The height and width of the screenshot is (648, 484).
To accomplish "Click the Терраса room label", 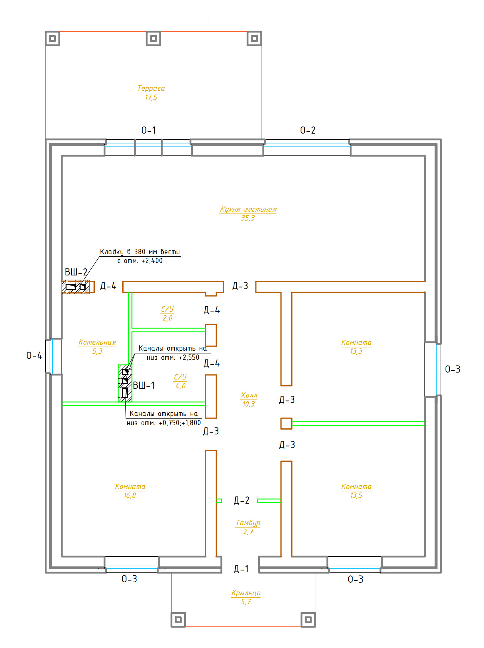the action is [x=151, y=89].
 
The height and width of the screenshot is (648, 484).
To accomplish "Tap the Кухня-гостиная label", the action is [x=248, y=209].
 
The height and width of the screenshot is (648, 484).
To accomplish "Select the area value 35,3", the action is [x=248, y=218].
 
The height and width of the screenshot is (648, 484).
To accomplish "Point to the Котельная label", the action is [x=97, y=342].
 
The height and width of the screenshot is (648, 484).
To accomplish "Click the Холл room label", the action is [x=249, y=395].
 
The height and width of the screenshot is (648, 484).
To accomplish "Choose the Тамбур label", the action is [x=248, y=523].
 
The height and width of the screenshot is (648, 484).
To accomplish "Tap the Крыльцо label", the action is [x=246, y=593].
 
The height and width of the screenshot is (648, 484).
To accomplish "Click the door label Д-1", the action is [x=241, y=569].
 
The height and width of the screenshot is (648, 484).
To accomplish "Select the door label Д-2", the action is [x=242, y=500].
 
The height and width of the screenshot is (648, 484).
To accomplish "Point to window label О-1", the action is [x=149, y=130].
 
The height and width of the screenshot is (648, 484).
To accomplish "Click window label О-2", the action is [x=308, y=130].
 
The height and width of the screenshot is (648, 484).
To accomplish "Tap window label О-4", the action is [x=34, y=355].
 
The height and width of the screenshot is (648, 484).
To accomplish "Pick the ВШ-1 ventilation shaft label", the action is [x=144, y=385].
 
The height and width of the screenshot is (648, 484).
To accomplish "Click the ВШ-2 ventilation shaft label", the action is [x=76, y=272].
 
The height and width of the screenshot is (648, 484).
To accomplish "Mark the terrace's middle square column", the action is [x=153, y=38].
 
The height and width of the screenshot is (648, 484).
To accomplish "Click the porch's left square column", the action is [x=178, y=620].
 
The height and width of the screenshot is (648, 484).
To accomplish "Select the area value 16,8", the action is [x=130, y=495].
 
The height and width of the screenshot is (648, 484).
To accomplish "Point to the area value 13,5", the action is [x=356, y=495].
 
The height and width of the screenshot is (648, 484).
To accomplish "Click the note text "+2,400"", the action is [x=152, y=261].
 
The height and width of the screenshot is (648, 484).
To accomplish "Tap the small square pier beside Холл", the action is [x=286, y=423].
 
